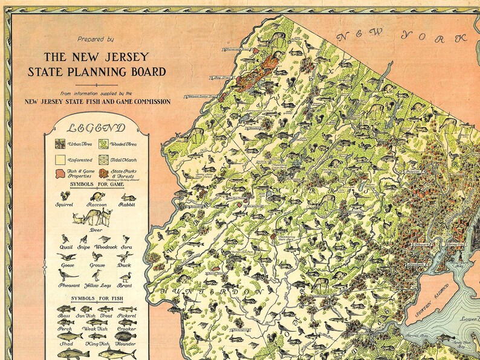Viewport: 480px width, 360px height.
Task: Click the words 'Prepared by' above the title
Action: [96, 39]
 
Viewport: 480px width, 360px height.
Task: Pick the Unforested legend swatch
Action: [60, 160]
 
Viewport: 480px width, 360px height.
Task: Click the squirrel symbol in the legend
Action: [64, 197]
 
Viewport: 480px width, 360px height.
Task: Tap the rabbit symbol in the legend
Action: [127, 197]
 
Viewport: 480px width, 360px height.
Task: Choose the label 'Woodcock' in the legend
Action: [105, 248]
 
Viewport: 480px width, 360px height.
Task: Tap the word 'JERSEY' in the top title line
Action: [118, 57]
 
